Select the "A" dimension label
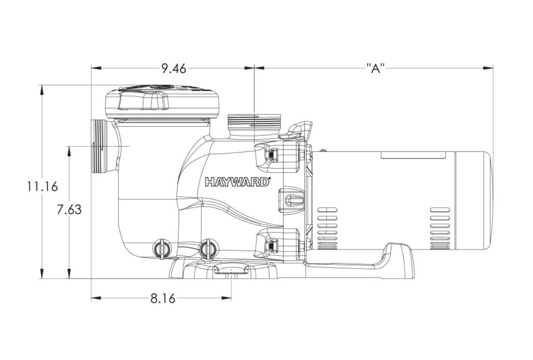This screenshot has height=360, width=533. [x=375, y=68]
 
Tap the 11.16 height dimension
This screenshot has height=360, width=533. [x=42, y=186]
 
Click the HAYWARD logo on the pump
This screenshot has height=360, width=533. [x=237, y=182]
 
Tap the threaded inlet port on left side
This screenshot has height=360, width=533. [x=100, y=146]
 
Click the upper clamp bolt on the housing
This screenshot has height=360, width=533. [x=273, y=154]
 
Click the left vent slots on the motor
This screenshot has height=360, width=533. [x=327, y=229]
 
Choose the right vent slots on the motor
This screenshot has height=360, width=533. [x=440, y=229]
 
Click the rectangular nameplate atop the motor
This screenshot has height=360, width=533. [x=413, y=155]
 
